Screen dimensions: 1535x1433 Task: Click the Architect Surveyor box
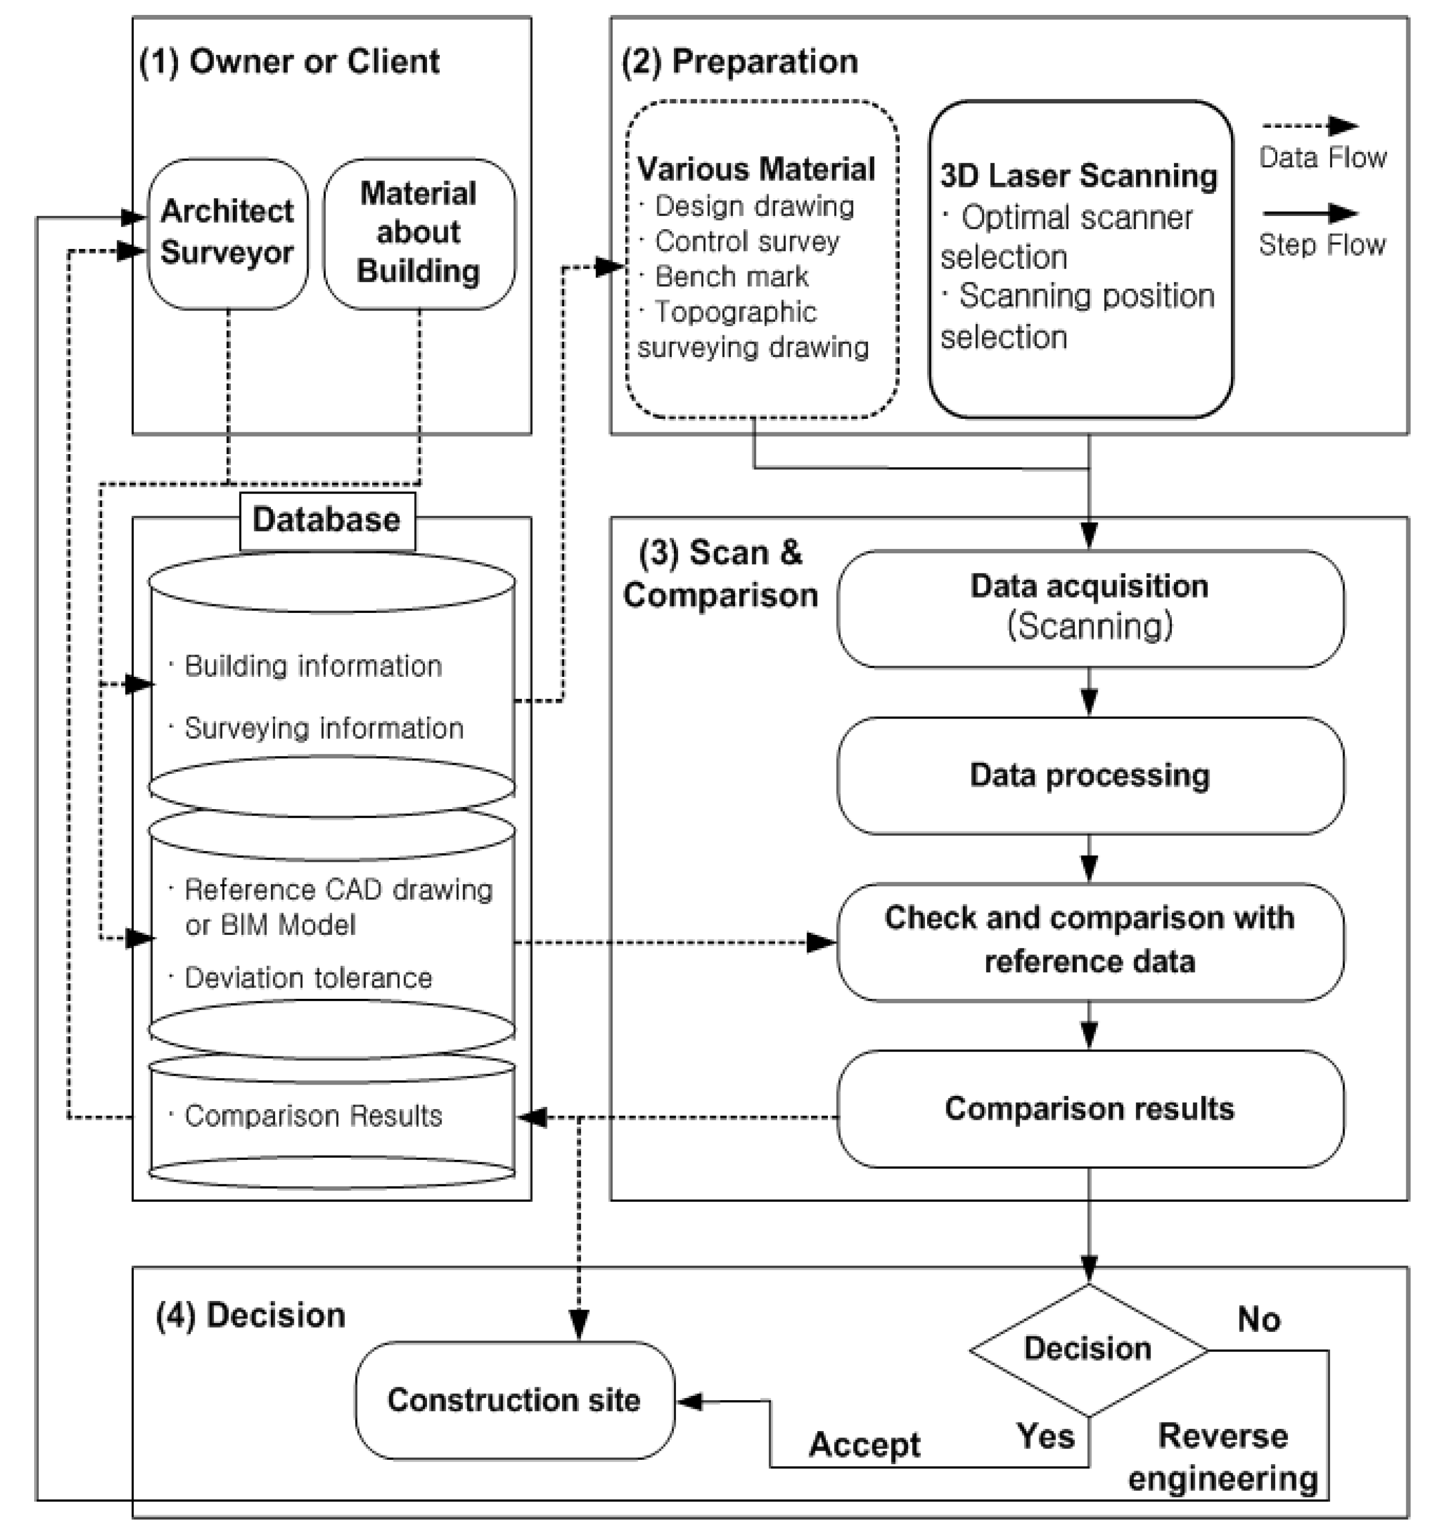(x=227, y=233)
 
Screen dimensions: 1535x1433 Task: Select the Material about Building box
(x=418, y=233)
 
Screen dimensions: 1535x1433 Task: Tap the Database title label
(x=327, y=520)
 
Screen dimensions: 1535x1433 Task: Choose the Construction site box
(x=514, y=1400)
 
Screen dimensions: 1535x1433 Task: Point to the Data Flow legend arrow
(x=1310, y=126)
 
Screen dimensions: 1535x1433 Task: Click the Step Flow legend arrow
(x=1310, y=213)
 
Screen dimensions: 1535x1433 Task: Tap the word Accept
(x=864, y=1444)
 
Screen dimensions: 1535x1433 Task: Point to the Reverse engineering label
(x=1223, y=1458)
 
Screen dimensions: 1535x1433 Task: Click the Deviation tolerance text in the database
(x=308, y=978)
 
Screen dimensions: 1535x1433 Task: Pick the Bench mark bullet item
(x=731, y=277)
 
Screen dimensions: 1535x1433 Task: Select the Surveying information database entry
(x=324, y=728)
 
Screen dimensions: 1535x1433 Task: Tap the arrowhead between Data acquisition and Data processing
(x=1089, y=702)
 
